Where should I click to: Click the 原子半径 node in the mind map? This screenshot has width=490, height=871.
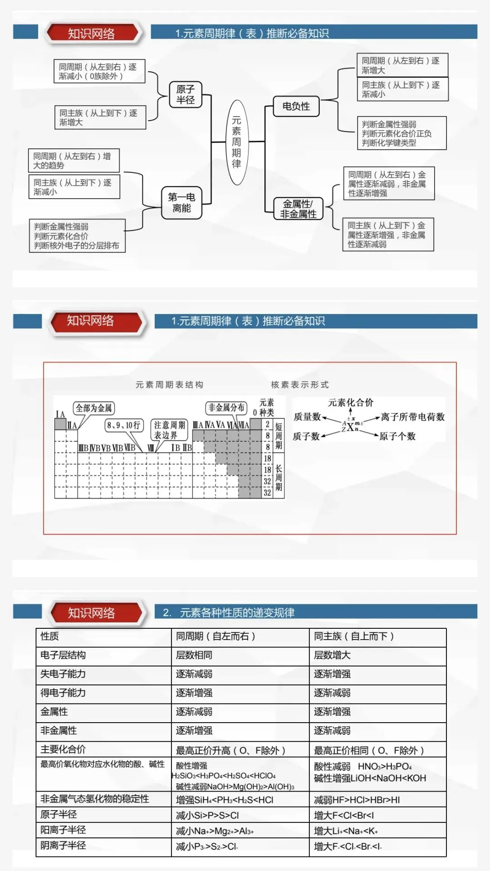pos(185,94)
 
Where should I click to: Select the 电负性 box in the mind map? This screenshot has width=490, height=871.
pos(296,106)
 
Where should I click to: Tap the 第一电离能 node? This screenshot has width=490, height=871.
pos(181,203)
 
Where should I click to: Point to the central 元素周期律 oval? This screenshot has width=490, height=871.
pos(236,142)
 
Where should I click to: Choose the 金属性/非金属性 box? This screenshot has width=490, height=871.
pos(298,209)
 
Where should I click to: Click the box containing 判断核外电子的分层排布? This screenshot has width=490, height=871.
pos(77,236)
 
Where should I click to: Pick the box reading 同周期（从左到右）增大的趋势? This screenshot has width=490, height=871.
pos(73,161)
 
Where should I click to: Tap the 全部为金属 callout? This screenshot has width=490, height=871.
pos(93,408)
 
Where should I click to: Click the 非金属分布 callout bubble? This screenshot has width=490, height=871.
pos(226,408)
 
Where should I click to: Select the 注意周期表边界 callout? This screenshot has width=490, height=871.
pos(169,430)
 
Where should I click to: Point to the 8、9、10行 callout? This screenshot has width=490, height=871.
pos(123,426)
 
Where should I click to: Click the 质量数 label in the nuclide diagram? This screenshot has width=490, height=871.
pos(307,416)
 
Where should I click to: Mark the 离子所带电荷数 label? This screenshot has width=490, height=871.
pos(412,417)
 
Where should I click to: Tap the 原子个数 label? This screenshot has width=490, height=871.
pos(397,436)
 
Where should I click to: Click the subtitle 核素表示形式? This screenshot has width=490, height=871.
pos(300,385)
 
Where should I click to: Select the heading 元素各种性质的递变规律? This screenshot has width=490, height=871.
pos(237,613)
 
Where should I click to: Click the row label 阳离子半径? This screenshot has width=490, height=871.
pos(63,830)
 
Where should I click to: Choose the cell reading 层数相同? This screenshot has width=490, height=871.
pos(194,655)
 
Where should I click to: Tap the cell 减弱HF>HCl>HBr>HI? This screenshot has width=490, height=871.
pos(357,800)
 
